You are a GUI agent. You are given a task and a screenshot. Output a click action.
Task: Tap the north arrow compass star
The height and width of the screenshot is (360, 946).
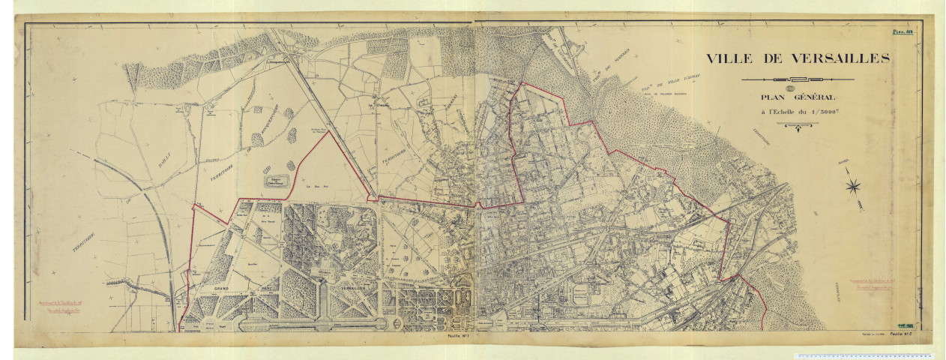pyautogui.click(x=853, y=186)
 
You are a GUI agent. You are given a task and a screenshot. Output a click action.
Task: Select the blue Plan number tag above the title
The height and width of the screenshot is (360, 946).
pyautogui.click(x=901, y=31)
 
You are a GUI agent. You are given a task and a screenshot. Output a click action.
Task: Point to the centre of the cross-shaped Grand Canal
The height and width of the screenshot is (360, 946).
pyautogui.click(x=322, y=284)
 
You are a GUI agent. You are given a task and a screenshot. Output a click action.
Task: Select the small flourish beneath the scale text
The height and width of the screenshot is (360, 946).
pyautogui.click(x=799, y=126)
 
